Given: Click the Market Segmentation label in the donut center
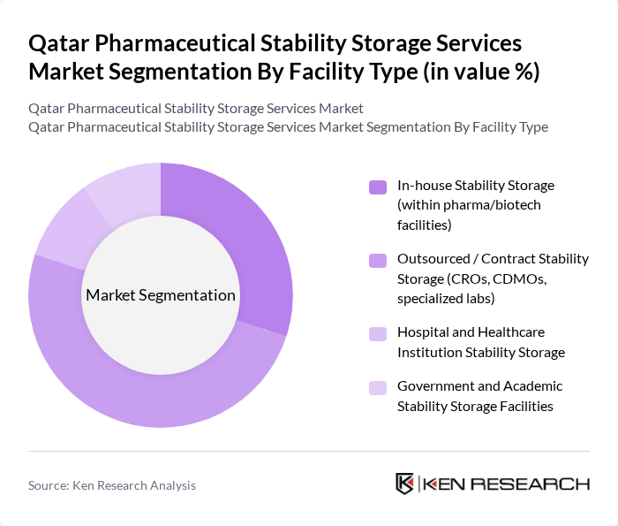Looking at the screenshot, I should click(x=161, y=295).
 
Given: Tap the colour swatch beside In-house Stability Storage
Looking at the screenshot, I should click(x=378, y=187).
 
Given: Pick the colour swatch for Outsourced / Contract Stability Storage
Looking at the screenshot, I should click(x=378, y=260).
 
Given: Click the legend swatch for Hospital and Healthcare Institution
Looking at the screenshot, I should click(x=378, y=333).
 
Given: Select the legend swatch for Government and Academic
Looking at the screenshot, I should click(x=378, y=387).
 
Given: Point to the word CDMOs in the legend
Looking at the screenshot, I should click(x=521, y=278).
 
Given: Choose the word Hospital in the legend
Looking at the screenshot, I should click(x=422, y=332).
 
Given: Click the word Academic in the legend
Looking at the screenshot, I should click(x=532, y=386).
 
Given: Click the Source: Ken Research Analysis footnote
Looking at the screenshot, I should click(x=112, y=485).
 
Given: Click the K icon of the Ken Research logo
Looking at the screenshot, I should click(x=404, y=484).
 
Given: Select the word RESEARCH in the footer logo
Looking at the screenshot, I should click(x=539, y=484).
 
